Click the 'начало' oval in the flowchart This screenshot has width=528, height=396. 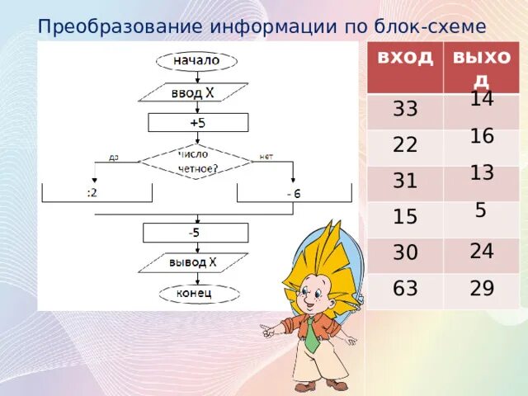(x=196, y=60)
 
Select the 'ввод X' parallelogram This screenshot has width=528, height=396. (x=193, y=92)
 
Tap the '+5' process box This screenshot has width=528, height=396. (x=197, y=122)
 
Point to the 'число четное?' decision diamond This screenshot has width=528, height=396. (x=195, y=161)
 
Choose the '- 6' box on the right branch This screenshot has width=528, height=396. (x=295, y=192)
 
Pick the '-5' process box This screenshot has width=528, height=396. (x=194, y=233)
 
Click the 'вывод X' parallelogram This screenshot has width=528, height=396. (x=193, y=263)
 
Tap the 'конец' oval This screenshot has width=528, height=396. (x=196, y=293)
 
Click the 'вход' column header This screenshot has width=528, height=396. (x=405, y=57)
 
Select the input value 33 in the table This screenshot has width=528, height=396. (x=405, y=109)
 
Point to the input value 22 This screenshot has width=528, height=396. (x=405, y=145)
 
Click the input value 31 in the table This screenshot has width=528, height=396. (x=405, y=181)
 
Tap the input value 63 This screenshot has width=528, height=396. (x=405, y=289)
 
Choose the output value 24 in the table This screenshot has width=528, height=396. (x=482, y=252)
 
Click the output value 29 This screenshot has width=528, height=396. (x=482, y=289)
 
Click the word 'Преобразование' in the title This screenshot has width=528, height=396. (x=120, y=25)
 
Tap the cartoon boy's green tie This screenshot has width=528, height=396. (x=311, y=337)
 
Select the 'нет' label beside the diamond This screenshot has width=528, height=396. (x=266, y=156)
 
